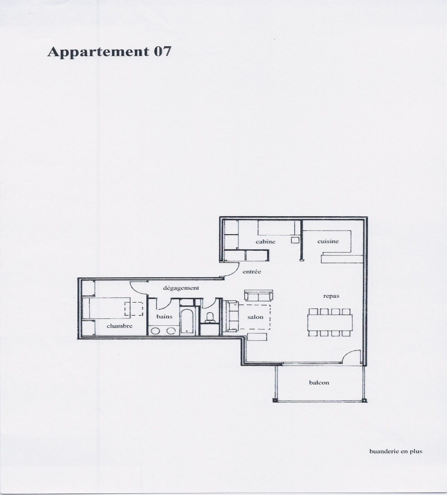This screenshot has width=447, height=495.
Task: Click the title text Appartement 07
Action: point(109,52)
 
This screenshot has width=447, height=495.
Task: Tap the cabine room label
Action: point(266,242)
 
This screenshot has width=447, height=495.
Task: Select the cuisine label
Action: point(328,241)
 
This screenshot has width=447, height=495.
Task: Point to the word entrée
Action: point(252,272)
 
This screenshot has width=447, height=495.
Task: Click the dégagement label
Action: point(181,288)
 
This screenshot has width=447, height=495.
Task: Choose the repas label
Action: point(331,296)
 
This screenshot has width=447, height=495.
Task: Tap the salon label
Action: point(255,317)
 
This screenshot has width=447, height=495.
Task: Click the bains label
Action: point(164,316)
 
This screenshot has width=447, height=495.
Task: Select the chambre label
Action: point(120,326)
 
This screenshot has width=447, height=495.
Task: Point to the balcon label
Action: point(319,383)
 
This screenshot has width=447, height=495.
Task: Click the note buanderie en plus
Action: point(396,451)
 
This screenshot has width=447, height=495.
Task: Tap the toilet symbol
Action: point(210,317)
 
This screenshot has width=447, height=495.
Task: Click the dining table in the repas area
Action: point(330,322)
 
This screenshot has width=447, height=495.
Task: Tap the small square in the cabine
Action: point(295,240)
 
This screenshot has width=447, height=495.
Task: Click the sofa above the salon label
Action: point(259,295)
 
